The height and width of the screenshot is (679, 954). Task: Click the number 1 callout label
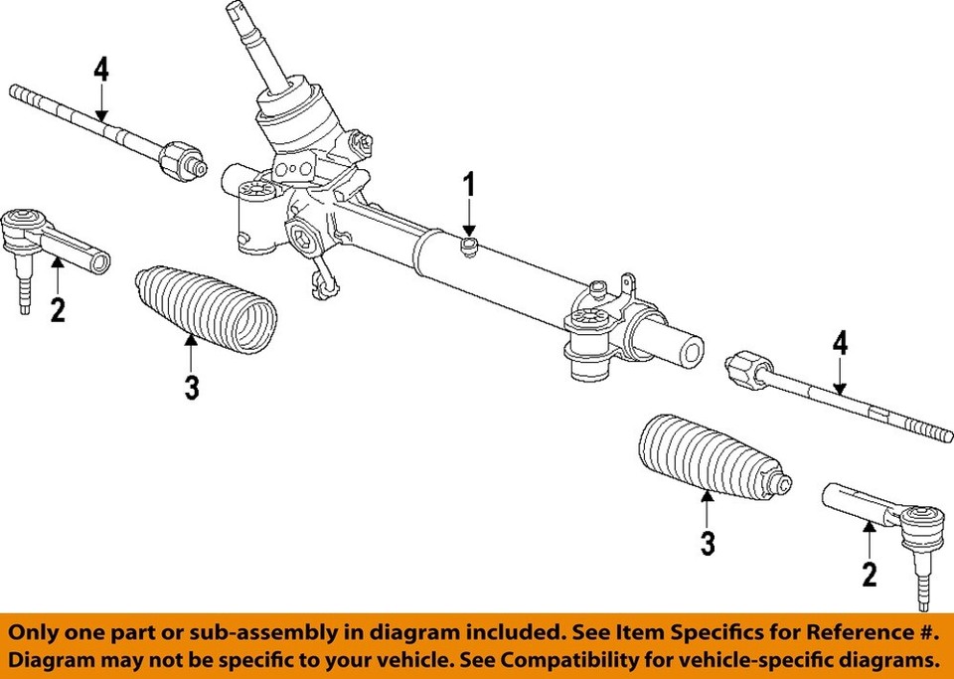tap(468, 186)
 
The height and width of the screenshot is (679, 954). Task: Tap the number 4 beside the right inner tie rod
tap(841, 345)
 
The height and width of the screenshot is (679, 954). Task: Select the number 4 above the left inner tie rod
tap(100, 72)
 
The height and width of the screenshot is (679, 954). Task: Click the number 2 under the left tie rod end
tap(58, 310)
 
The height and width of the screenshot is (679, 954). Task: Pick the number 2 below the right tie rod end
tap(870, 574)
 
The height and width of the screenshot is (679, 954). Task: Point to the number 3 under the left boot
tap(192, 388)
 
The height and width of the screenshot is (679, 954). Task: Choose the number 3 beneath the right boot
tap(707, 543)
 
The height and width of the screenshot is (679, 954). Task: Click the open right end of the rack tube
tap(689, 351)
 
